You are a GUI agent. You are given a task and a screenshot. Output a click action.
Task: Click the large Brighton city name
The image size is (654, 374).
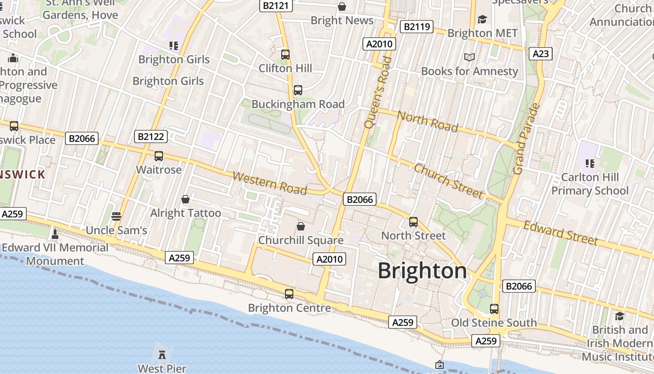[422, 271]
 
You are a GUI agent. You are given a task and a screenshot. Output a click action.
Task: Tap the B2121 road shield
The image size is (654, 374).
[277, 6]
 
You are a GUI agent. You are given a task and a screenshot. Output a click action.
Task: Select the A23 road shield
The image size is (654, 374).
[540, 54]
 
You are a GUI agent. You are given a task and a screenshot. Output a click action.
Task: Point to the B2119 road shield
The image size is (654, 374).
[417, 27]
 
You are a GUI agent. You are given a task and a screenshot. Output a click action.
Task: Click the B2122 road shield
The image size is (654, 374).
[151, 137]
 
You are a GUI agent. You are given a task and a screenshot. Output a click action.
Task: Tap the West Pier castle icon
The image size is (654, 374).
[162, 354]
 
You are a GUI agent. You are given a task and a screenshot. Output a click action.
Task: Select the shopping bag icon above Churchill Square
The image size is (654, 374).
[301, 226]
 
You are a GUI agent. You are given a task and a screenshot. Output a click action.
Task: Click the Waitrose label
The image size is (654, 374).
[159, 170]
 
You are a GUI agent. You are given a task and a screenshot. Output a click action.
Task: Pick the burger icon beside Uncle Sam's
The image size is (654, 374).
[116, 216]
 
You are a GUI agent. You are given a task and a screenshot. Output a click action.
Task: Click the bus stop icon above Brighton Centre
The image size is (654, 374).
[289, 294]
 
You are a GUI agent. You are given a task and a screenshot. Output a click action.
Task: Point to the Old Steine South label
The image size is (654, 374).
[494, 323]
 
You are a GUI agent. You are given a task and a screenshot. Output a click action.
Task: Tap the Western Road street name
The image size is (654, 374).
[270, 183]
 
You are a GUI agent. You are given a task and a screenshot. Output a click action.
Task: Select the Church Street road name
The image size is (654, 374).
[448, 181]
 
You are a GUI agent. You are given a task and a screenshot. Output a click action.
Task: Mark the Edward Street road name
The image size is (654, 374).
[561, 232]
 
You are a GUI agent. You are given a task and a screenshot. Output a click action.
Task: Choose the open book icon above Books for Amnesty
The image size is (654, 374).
[469, 57]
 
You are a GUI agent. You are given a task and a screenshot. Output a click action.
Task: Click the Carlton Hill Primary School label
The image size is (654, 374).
[590, 184]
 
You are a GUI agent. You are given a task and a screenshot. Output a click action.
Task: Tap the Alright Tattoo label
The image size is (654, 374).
[185, 213]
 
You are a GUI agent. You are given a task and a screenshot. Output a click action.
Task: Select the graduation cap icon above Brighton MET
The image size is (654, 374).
[482, 19]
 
